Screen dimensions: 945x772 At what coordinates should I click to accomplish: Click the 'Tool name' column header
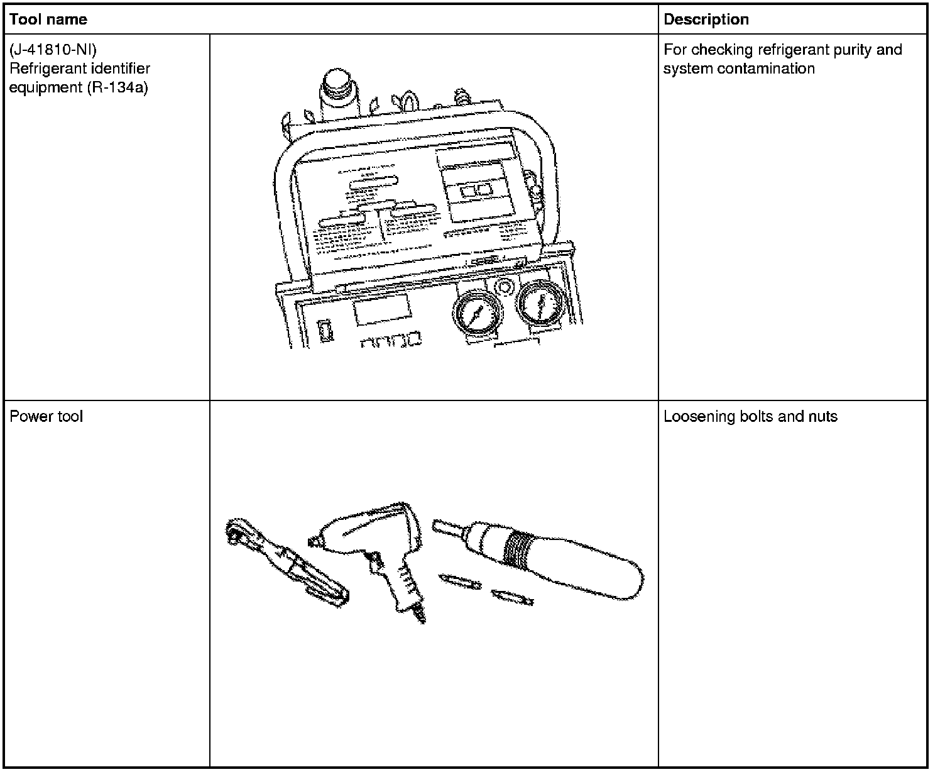click(48, 19)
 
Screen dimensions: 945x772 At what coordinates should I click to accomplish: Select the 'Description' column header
click(706, 19)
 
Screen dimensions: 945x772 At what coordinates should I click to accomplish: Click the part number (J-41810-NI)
click(53, 50)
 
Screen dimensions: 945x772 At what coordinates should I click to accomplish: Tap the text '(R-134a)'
click(117, 87)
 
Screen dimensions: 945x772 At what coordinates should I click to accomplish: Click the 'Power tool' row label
click(46, 417)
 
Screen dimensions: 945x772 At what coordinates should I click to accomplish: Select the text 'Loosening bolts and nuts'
click(750, 417)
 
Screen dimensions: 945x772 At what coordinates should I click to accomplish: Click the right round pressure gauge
click(539, 303)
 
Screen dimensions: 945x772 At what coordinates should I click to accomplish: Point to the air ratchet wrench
click(287, 562)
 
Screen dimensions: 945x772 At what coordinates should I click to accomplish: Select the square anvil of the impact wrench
click(312, 540)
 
